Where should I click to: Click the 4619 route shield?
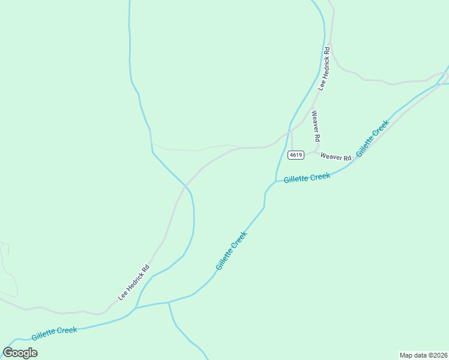click(295, 155)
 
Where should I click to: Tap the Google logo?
click(20, 353)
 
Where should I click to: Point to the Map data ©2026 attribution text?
click(423, 355)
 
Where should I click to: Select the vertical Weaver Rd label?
click(315, 126)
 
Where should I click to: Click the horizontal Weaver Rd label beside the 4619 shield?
click(336, 157)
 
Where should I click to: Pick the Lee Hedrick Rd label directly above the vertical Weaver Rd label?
click(325, 68)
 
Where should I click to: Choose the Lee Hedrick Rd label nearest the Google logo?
click(133, 283)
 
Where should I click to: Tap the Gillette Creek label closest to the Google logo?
click(55, 333)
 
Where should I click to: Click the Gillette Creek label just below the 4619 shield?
click(307, 178)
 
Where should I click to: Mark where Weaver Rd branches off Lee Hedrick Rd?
click(312, 108)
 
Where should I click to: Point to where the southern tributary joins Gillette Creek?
click(169, 302)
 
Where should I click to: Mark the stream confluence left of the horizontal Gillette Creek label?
click(276, 181)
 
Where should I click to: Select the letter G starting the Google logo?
click(8, 353)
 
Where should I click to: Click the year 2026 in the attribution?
click(439, 355)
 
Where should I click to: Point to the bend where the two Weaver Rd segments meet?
click(316, 151)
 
